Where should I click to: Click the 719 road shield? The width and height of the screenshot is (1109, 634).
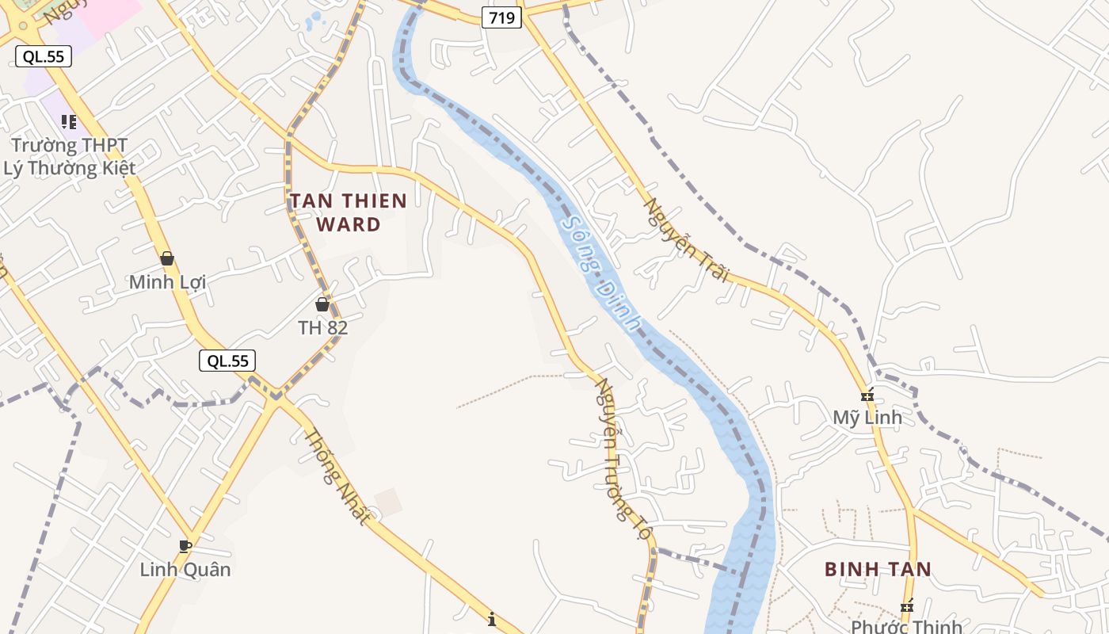[x=502, y=17]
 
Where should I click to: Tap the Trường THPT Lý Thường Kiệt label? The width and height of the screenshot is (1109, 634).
[x=69, y=157]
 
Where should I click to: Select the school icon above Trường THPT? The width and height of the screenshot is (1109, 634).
[x=69, y=122]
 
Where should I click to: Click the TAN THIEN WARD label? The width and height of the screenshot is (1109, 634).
[x=349, y=212]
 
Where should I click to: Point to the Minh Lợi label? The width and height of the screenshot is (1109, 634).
[x=167, y=282]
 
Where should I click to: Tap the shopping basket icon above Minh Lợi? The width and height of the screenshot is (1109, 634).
[x=167, y=258]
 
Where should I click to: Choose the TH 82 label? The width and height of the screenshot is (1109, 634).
[x=322, y=327]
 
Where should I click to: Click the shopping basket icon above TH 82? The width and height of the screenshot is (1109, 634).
[x=322, y=304]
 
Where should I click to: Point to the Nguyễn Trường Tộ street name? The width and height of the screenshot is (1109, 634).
[x=622, y=459]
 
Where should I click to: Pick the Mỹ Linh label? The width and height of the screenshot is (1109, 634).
[x=867, y=418]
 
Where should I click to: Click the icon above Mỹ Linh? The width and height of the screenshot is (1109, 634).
[x=867, y=395]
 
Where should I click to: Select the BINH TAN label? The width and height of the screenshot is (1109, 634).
[x=878, y=569]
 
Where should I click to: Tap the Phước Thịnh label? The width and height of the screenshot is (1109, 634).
[x=906, y=627]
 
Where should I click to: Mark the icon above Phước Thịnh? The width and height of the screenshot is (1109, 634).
[x=907, y=606]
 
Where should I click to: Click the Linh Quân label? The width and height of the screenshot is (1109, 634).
[x=185, y=569]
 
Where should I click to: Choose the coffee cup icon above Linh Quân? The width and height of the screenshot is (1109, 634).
[x=185, y=546]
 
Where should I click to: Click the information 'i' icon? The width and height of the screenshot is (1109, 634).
[x=492, y=619]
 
